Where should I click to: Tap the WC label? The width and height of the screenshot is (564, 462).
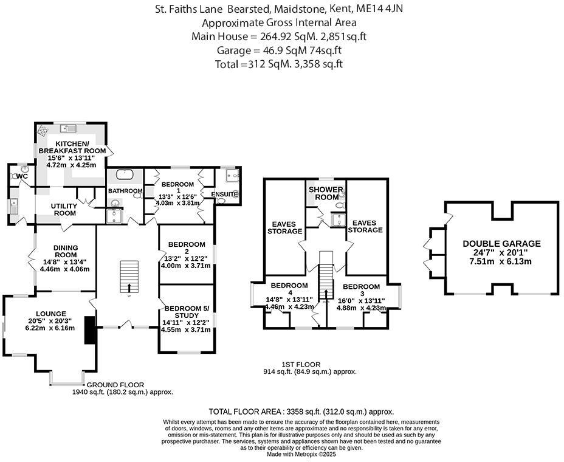pos(22,176)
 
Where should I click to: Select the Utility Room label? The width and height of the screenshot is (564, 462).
pos(64,210)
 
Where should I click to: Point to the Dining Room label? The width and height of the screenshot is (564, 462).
pos(64,252)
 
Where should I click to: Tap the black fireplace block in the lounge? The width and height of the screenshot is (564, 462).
pos(89,330)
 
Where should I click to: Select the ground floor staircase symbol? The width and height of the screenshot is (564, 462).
pos(127,276)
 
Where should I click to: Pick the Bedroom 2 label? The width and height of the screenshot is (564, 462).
pos(186,248)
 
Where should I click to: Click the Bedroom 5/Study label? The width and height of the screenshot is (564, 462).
pos(186,311)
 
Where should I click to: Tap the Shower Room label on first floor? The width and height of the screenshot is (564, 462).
pos(326,193)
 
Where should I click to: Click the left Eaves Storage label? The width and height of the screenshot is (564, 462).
pos(285,227)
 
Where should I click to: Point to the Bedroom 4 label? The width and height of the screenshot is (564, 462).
pos(289,289)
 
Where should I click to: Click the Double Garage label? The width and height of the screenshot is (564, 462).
pos(501,244)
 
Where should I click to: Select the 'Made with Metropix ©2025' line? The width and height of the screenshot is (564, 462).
pos(301,453)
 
